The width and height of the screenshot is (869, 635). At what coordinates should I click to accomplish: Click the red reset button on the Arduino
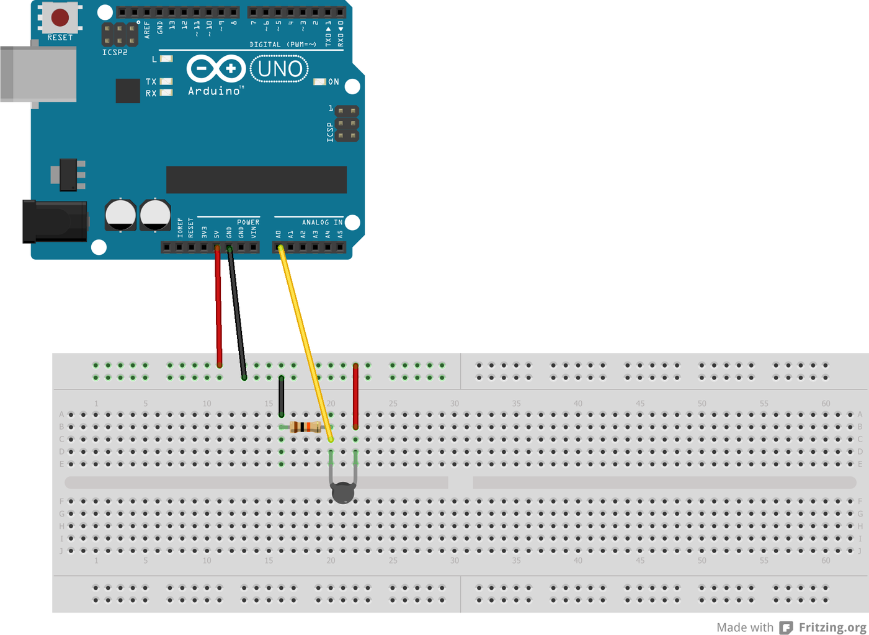(x=60, y=17)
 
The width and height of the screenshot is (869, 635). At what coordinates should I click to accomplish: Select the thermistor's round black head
(x=343, y=494)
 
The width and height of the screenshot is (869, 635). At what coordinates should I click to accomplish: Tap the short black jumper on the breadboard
(x=282, y=396)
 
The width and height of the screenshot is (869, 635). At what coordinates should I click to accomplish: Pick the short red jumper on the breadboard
(x=355, y=397)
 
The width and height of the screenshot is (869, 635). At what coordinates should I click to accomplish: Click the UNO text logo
(x=280, y=69)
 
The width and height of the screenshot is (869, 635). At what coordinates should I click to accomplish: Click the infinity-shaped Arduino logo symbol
(x=216, y=68)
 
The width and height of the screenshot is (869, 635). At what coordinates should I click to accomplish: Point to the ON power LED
(x=319, y=82)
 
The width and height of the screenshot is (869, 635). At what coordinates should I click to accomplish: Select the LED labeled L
(x=166, y=59)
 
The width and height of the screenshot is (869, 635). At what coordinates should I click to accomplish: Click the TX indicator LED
(x=166, y=81)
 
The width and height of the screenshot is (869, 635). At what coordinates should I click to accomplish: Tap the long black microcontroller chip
(x=256, y=180)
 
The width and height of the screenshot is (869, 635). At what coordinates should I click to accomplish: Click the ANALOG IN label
(x=322, y=222)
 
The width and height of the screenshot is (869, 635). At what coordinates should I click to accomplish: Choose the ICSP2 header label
(x=115, y=53)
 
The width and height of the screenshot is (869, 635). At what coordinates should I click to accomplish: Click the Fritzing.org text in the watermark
(x=832, y=628)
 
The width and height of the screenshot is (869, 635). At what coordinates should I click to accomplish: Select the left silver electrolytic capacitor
(x=120, y=215)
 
